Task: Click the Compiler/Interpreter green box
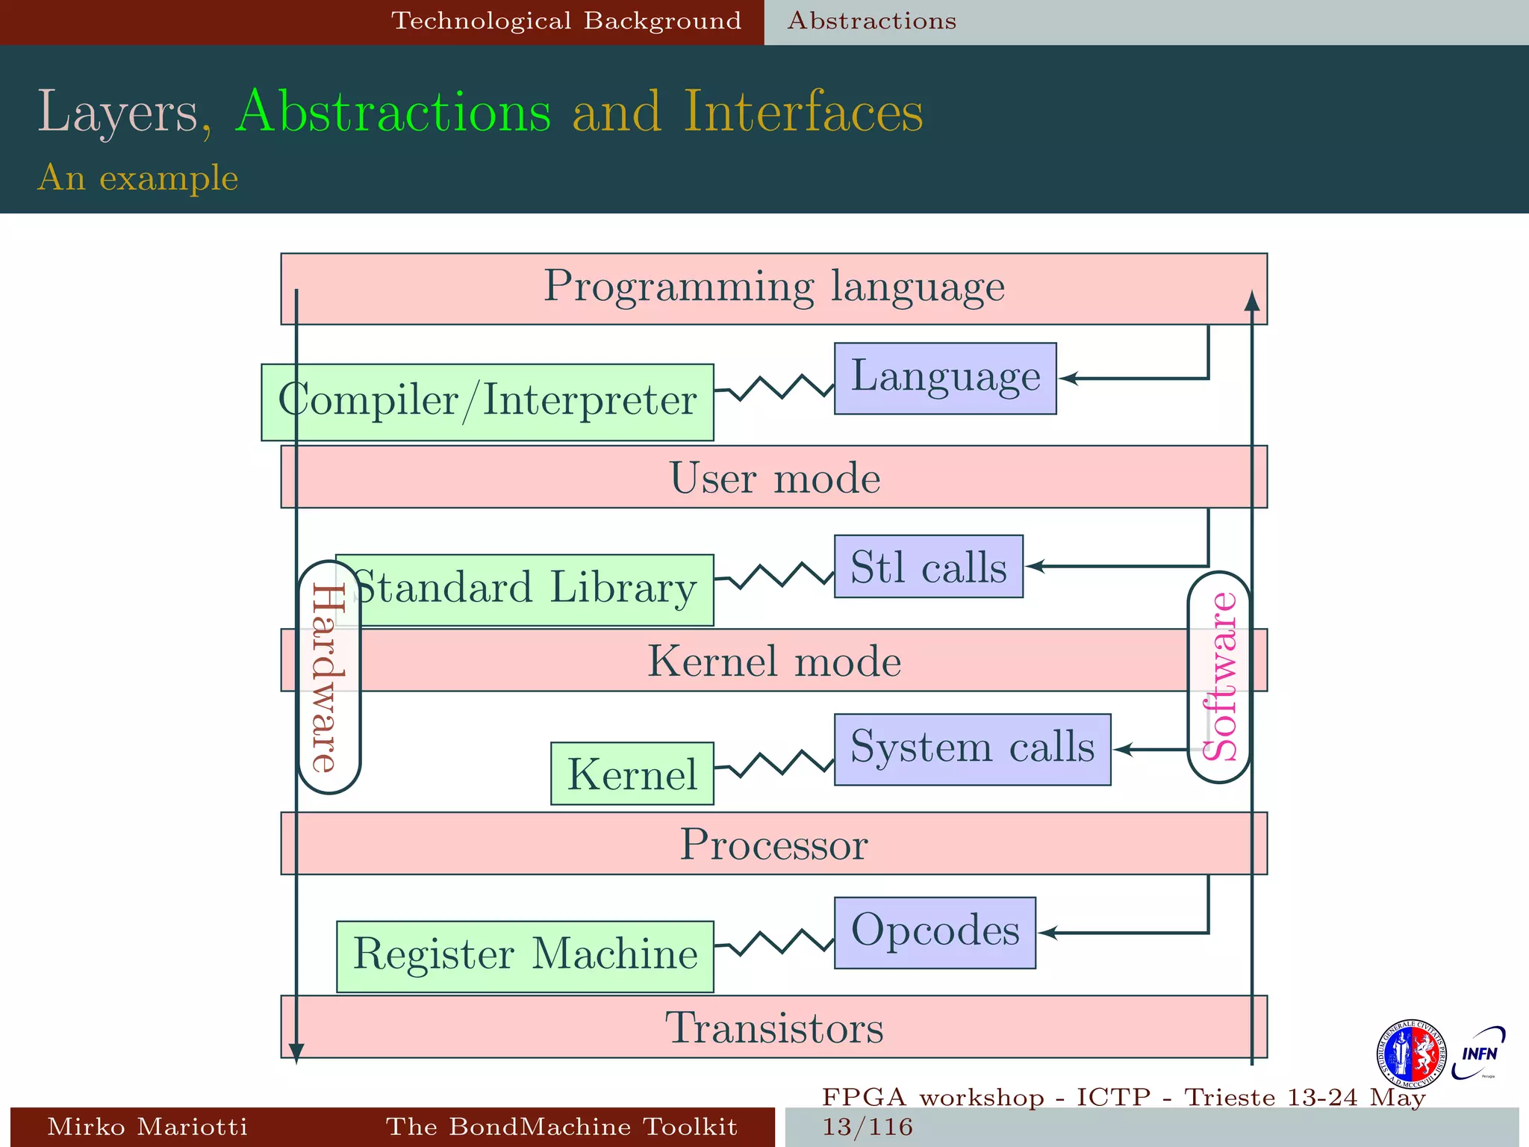(487, 402)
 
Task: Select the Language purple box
(944, 378)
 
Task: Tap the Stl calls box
(928, 566)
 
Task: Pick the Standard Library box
(525, 589)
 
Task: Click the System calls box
(971, 749)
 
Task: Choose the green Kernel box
(632, 773)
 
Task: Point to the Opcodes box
(934, 933)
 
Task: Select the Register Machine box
(525, 956)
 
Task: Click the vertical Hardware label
(328, 677)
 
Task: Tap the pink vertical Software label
(1219, 677)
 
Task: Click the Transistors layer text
(773, 1028)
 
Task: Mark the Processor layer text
(773, 844)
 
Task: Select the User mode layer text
(773, 478)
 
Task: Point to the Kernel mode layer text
(773, 661)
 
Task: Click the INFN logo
(1478, 1054)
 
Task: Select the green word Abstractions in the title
(393, 112)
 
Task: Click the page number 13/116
(868, 1126)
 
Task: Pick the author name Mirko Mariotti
(147, 1126)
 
